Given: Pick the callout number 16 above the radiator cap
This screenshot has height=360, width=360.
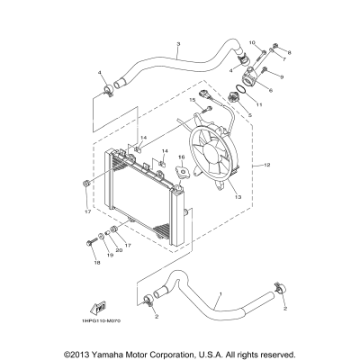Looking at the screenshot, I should tap(182, 157).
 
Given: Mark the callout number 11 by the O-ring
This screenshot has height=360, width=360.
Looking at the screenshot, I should tap(259, 105).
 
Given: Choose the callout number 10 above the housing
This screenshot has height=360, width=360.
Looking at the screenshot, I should tap(252, 43).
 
